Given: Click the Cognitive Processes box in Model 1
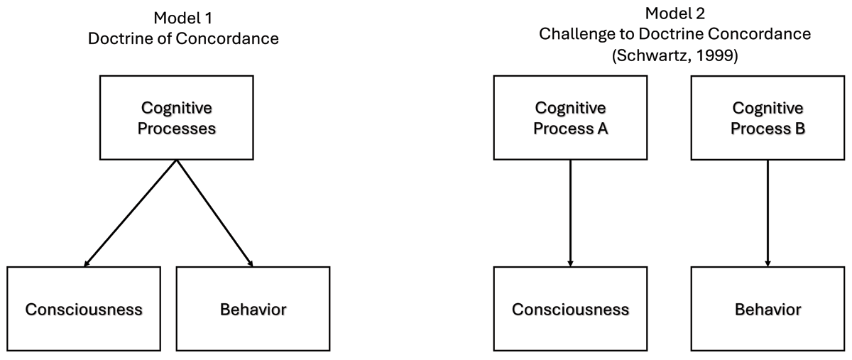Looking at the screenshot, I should [177, 118].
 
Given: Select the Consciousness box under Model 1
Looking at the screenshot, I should [84, 309].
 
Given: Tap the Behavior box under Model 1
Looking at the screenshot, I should [253, 309].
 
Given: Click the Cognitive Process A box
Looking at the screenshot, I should [570, 118].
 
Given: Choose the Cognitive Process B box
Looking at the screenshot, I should [768, 118].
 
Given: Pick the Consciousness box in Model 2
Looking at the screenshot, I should [570, 309].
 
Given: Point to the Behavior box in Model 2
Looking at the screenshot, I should [768, 309].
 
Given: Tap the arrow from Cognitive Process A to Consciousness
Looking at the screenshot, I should [570, 213].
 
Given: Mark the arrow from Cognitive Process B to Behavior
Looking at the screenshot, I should [768, 213].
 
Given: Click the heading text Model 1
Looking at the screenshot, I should [183, 17].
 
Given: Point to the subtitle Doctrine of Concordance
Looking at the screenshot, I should [183, 38].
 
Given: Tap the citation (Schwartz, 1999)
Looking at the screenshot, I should [674, 55].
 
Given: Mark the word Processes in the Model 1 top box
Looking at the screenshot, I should [177, 129].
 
